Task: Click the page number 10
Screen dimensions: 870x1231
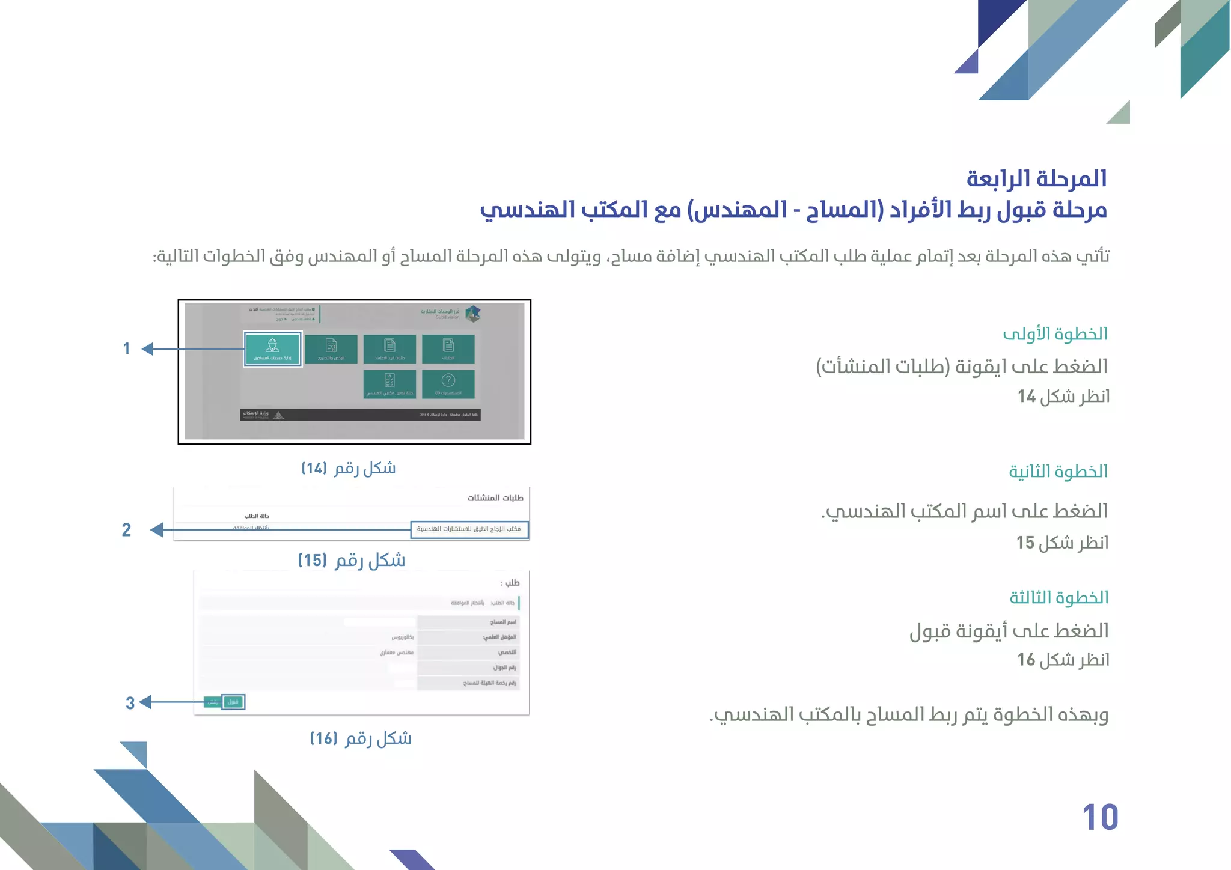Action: (x=1100, y=817)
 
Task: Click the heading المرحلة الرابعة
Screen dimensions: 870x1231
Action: (x=1036, y=178)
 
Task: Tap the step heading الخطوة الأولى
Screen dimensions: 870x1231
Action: (x=1055, y=334)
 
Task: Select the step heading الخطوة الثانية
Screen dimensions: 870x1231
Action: (x=1058, y=472)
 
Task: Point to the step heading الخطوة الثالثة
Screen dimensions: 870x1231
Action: (x=1058, y=598)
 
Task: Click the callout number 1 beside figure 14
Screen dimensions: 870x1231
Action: (x=127, y=349)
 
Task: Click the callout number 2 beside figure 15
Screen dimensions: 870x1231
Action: (x=126, y=530)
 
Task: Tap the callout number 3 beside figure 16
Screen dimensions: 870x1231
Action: (x=130, y=703)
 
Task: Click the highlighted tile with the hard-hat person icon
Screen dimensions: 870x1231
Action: (x=272, y=348)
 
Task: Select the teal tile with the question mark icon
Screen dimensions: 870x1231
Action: (x=448, y=383)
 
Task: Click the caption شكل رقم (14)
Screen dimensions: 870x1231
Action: (x=349, y=469)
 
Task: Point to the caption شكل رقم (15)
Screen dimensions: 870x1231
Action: (x=352, y=561)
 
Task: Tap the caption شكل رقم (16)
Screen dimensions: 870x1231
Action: (x=361, y=738)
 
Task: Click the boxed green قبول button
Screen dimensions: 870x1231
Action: (x=233, y=702)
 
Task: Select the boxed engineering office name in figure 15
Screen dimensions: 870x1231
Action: (x=469, y=529)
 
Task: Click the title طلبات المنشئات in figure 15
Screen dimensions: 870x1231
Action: (x=495, y=498)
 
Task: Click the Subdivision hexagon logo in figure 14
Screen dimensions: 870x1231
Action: (x=473, y=313)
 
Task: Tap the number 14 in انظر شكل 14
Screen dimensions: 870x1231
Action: (x=1027, y=397)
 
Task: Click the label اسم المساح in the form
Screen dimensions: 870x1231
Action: (x=502, y=622)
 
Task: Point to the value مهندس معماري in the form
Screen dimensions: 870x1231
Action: (x=396, y=652)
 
